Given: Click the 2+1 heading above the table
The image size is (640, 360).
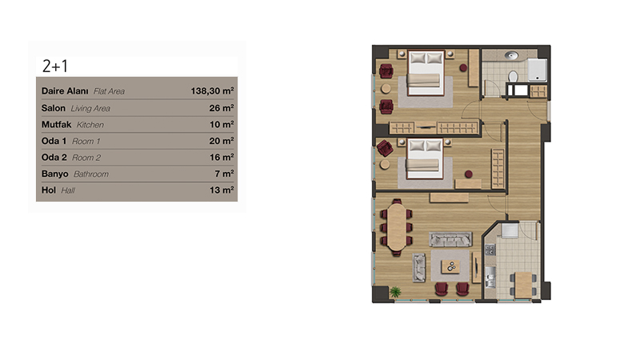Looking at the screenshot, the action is coord(55,66).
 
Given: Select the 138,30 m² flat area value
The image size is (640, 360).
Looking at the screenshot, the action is coord(212,91).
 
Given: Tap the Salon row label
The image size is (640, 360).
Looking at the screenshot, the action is coord(53,108).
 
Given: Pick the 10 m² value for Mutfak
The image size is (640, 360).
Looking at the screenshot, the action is coord(222,125).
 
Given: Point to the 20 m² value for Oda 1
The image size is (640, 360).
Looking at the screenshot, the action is coord(222,141).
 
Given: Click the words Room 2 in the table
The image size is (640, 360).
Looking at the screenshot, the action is coord(86,158).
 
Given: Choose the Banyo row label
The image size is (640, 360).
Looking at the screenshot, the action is coord(54,174).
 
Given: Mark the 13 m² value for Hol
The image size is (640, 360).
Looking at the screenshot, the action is coord(222,190).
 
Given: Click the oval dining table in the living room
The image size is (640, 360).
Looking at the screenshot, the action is coord(396,227).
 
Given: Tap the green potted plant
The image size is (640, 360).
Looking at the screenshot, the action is coord(394,291).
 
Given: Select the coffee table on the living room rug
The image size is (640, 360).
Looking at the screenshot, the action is coord(450,267).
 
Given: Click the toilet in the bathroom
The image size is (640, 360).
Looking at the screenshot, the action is coord(513,76).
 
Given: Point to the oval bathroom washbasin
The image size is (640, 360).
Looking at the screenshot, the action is coord(510,55).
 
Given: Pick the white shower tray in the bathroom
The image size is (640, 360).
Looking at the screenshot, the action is coord(537,70).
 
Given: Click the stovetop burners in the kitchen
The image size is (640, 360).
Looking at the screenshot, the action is coord(490,250).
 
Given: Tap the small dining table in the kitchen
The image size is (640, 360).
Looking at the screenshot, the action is coord(523,284).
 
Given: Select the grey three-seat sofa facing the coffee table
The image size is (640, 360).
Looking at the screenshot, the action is coord(450,239).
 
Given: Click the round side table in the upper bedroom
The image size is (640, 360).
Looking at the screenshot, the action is coord(386,88).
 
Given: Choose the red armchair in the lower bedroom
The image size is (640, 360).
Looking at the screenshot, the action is coord(385,148).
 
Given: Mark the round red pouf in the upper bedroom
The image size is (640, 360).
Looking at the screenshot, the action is coord(463,68).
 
